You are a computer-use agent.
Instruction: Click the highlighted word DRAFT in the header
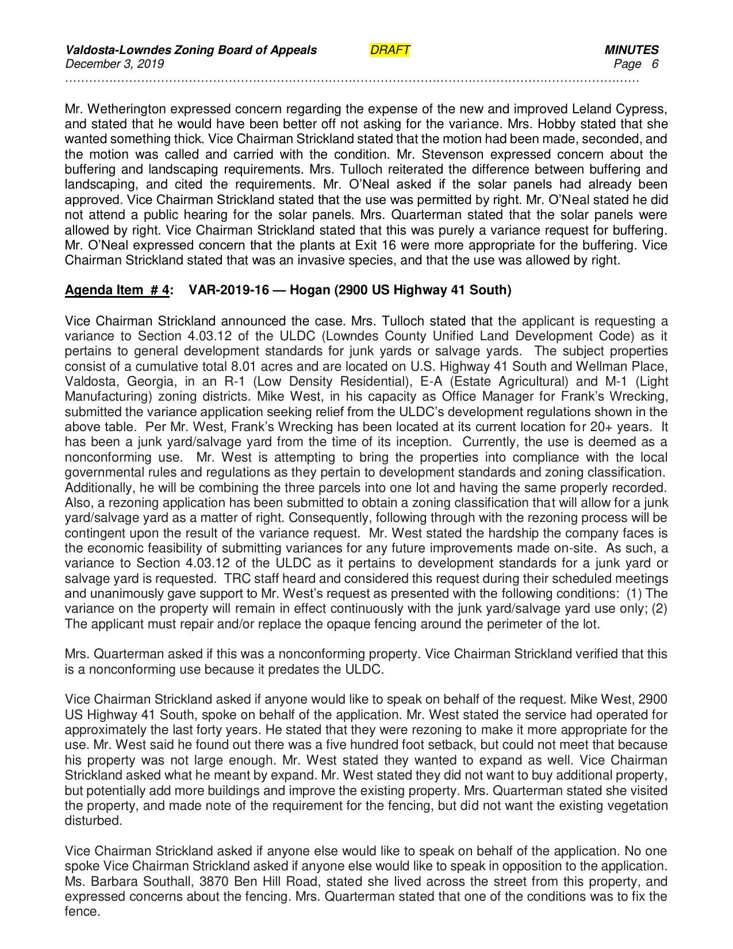tap(390, 50)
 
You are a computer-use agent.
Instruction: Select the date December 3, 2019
tap(114, 64)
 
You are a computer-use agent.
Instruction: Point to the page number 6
tap(655, 64)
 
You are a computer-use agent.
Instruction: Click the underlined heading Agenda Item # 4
tap(117, 290)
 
